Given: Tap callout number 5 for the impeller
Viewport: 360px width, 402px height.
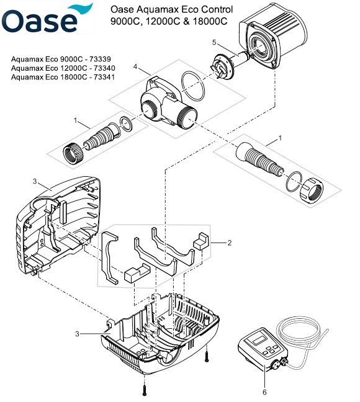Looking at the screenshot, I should point(215,43).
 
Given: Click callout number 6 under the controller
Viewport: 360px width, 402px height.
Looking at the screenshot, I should point(264,391).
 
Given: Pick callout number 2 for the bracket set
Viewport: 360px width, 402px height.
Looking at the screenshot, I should point(229,243).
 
